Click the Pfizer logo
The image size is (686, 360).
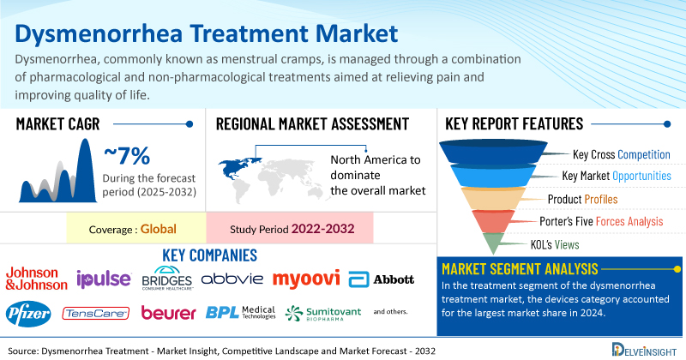[x=28, y=314]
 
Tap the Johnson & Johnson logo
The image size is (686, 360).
[x=36, y=279]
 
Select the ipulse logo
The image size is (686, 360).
[x=104, y=279]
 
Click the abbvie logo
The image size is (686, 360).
[x=232, y=279]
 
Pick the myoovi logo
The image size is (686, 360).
[x=306, y=279]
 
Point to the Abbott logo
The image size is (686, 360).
[x=381, y=279]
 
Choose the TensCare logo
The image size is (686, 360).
[x=95, y=313]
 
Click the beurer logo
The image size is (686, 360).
[x=168, y=313]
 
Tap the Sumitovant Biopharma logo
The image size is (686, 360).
[x=323, y=313]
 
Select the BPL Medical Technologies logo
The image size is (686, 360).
[x=241, y=312]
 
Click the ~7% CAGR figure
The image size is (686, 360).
[x=127, y=156]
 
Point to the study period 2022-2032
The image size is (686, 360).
[x=323, y=229]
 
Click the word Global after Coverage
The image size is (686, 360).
[x=159, y=229]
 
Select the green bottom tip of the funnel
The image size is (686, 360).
[x=493, y=243]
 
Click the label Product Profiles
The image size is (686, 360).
[x=582, y=200]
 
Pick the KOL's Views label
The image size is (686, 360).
[x=555, y=244]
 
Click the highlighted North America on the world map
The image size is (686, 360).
[x=238, y=169]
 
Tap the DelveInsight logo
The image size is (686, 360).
[x=644, y=350]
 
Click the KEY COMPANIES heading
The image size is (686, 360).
[x=209, y=255]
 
